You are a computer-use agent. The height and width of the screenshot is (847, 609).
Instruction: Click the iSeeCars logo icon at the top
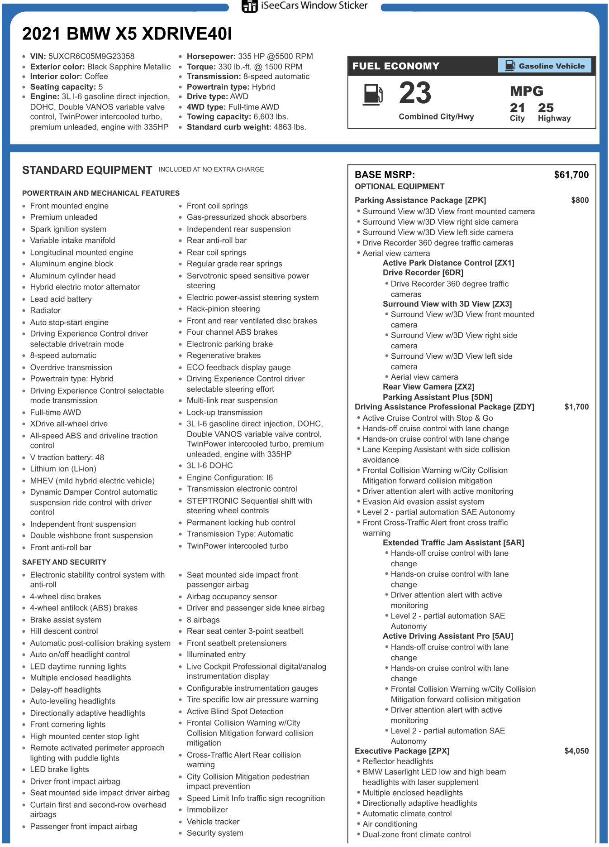click(249, 6)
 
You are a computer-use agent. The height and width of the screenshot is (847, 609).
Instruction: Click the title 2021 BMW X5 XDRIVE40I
click(127, 34)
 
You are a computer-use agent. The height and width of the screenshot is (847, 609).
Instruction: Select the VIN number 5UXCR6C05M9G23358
click(91, 56)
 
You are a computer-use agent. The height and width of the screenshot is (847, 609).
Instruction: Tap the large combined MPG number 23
click(415, 93)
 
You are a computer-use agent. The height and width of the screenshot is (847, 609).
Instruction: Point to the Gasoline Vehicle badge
click(545, 66)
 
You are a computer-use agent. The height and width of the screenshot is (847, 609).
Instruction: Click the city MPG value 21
click(517, 108)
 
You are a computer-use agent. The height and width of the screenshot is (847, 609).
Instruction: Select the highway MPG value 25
click(546, 108)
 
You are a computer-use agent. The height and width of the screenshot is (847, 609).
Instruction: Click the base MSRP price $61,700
click(571, 175)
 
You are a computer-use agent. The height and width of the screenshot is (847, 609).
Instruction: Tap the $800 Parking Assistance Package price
click(580, 200)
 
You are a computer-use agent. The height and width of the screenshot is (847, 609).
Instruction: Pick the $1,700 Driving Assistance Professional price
click(576, 407)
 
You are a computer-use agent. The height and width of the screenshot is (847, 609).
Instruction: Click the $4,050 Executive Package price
click(576, 751)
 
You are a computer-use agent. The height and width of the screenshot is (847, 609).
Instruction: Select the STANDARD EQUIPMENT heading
click(87, 170)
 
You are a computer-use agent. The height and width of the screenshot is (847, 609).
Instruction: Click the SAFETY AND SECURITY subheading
click(64, 562)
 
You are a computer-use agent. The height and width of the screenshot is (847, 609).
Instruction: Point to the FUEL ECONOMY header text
click(396, 66)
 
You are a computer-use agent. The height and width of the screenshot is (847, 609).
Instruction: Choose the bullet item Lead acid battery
click(61, 299)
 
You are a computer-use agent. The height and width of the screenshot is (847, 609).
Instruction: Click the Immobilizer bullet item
click(207, 810)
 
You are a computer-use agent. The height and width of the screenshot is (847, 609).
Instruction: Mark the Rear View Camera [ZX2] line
click(428, 387)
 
